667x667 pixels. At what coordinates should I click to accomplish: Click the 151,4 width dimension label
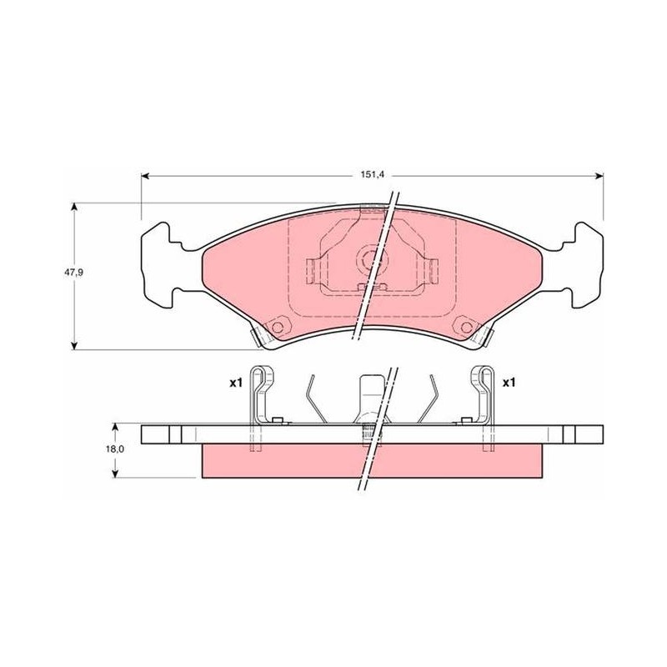pos(372,176)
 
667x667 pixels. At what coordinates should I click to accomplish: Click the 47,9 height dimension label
pos(73,273)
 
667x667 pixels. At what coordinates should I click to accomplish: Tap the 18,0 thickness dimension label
pos(115,449)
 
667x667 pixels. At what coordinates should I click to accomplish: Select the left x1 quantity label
pos(236,383)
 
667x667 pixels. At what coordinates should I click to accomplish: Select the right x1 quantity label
pos(509,383)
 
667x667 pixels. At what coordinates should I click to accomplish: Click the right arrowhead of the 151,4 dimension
pos(599,176)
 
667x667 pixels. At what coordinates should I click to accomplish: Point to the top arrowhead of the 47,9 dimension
pos(75,207)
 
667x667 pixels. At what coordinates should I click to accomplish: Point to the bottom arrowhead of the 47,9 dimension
pos(75,345)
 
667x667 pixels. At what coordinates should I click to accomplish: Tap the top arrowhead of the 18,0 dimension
pos(115,428)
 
